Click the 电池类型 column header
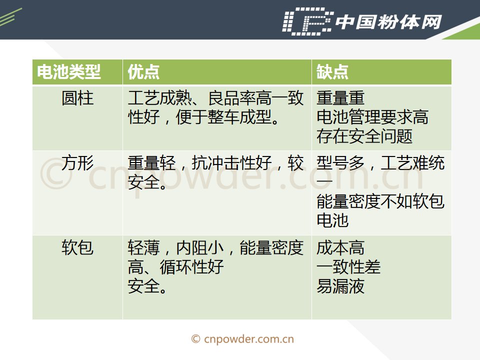[69, 72]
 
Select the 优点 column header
[143, 72]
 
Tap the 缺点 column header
[332, 72]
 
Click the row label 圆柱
[77, 98]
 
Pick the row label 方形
[77, 163]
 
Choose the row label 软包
[77, 247]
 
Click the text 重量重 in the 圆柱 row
[340, 98]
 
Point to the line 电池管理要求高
[372, 117]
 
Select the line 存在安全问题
[364, 136]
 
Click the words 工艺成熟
[159, 98]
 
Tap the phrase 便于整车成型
[223, 117]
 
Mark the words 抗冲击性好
[231, 163]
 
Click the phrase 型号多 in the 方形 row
[340, 163]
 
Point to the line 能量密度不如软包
[380, 201]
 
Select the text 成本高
[340, 247]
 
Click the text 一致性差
[348, 266]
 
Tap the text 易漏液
[340, 286]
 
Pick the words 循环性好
[191, 266]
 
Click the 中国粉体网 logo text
[388, 22]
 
